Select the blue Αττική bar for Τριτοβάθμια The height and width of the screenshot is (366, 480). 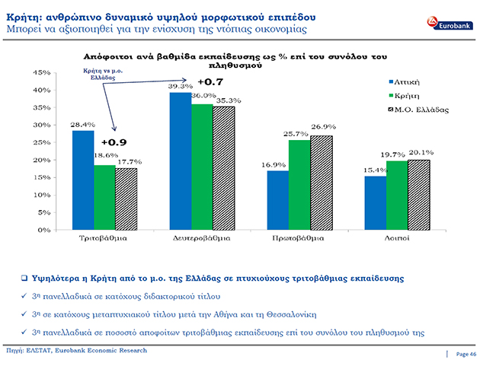pos(83,180)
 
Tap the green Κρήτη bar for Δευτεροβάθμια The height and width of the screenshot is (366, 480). pos(202,167)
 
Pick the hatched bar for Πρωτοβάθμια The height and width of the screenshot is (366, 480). pos(322,183)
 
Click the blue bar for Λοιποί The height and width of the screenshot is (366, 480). pos(376,203)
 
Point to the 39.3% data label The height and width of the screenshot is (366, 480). pos(181,87)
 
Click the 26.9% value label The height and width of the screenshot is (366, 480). pos(324,126)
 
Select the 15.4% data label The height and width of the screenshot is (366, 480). pos(376,170)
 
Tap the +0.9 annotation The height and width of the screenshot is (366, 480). pos(114,142)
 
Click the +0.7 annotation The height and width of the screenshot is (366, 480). pos(210,82)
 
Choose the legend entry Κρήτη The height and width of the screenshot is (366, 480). pos(404,96)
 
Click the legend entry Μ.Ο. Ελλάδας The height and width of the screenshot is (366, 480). pos(418,110)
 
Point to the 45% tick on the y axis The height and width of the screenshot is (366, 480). pos(42,73)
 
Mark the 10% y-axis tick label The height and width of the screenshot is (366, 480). pos(42,195)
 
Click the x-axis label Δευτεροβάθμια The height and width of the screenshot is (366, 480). pos(201,238)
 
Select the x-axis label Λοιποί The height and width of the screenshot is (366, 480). pos(397,238)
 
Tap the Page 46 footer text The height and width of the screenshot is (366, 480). pos(466,354)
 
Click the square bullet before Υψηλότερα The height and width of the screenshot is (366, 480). pos(24,278)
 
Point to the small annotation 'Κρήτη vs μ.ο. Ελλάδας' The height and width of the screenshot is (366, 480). pos(103,75)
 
